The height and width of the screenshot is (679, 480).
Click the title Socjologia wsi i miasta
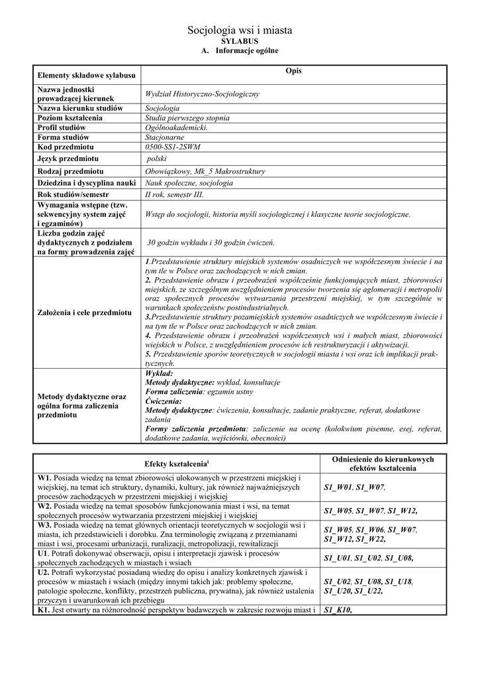tap(240, 31)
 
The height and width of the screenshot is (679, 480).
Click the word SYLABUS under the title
tap(240, 41)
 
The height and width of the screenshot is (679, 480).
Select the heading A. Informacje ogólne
tap(240, 51)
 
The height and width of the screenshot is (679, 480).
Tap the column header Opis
tap(293, 71)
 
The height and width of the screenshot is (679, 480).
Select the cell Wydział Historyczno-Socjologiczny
tap(202, 94)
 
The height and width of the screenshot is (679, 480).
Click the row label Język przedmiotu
tap(68, 159)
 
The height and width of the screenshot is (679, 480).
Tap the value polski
tap(157, 159)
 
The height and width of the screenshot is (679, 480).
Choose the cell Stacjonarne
tap(165, 137)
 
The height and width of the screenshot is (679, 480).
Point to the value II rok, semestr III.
tap(175, 195)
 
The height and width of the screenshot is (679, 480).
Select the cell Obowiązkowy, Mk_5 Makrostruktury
tap(205, 172)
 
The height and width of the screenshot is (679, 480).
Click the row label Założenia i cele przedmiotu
tap(84, 312)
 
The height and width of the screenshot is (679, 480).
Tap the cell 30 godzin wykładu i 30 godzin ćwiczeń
tap(211, 243)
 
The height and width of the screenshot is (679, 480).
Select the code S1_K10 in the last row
tap(338, 610)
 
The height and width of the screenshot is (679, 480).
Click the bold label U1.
tap(42, 553)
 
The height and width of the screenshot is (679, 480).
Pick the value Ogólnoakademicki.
tap(176, 127)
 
